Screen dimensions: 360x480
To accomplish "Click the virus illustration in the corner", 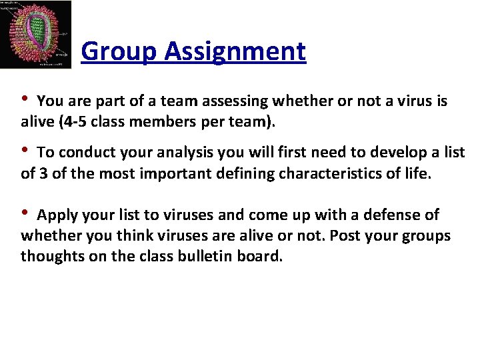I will [36, 34].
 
